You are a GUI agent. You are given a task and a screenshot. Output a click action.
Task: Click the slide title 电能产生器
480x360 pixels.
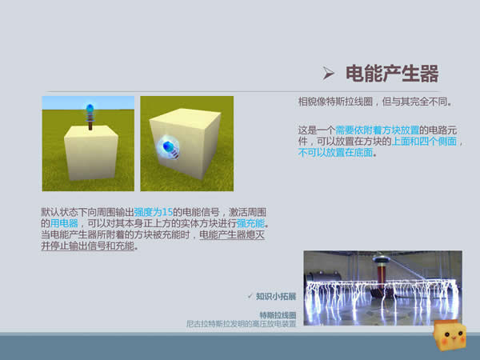click(x=392, y=74)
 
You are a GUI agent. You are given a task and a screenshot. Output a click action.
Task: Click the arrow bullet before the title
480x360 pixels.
click(x=328, y=73)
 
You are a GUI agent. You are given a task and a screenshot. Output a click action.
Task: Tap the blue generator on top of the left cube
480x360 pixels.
click(x=90, y=117)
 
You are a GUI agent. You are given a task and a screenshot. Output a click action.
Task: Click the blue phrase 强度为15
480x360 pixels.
click(x=154, y=212)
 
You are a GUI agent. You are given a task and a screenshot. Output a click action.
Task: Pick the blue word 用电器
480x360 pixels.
click(x=64, y=223)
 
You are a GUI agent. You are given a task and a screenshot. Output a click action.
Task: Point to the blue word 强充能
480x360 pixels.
click(x=250, y=223)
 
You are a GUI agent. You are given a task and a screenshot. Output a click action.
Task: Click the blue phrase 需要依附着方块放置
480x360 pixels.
click(x=377, y=130)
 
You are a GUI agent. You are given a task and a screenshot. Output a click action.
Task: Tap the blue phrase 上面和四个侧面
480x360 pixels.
click(x=424, y=141)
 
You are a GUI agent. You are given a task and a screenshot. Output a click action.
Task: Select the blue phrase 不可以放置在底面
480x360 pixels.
click(x=335, y=152)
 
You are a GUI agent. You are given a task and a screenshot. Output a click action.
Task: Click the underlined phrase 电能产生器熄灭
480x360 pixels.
click(x=232, y=234)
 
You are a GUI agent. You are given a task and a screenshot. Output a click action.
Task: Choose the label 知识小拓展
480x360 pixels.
click(x=276, y=296)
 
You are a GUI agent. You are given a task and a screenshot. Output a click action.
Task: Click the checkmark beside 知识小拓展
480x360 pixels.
click(x=250, y=296)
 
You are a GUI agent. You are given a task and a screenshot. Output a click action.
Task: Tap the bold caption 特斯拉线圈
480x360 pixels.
click(x=278, y=315)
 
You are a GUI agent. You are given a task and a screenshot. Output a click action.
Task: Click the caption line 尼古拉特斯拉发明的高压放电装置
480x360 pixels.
click(x=242, y=323)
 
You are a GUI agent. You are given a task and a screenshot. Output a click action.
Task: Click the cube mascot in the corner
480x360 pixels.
click(x=450, y=336)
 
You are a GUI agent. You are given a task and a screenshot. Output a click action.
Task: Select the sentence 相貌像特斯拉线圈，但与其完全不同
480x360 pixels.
click(x=375, y=102)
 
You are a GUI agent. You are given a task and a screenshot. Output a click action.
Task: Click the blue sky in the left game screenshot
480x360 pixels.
click(x=88, y=103)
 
